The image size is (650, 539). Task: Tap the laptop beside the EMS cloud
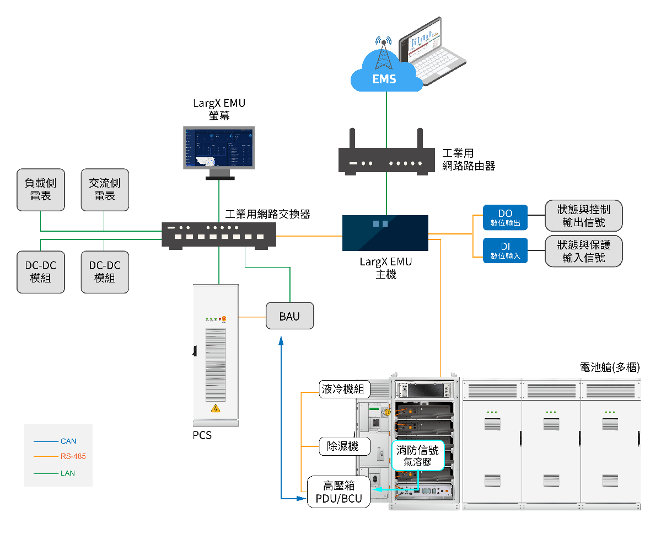[433, 50]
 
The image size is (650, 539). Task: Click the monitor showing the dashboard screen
[219, 149]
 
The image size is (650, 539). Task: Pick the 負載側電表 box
[41, 189]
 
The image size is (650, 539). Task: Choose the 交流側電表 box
[105, 189]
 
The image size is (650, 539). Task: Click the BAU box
[289, 316]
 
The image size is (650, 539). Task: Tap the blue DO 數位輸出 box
[505, 218]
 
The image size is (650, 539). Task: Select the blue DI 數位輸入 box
[505, 250]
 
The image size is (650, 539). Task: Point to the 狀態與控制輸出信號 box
[584, 216]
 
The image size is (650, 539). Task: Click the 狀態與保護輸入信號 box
[584, 250]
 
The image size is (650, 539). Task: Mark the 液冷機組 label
[343, 389]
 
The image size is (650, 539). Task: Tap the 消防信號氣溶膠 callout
[417, 456]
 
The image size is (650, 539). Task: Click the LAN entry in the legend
[68, 473]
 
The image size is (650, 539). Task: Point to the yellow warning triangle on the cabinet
[216, 409]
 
